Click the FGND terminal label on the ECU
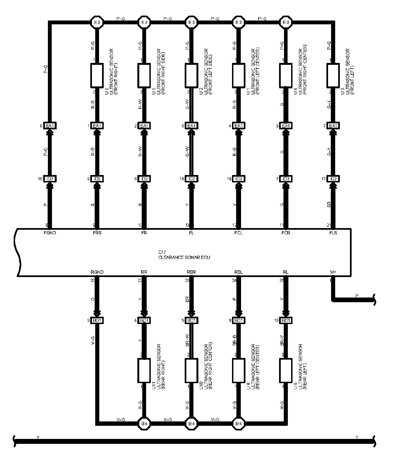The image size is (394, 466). coord(50,233)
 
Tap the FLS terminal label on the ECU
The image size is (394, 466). coord(333,233)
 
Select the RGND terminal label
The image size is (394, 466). coord(97,272)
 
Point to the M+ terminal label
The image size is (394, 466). coord(333,272)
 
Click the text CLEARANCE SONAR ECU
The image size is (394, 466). coord(184,257)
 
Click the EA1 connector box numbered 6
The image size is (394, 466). coord(50,126)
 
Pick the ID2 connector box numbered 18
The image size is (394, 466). coord(192,179)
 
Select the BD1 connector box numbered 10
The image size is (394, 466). coord(286,321)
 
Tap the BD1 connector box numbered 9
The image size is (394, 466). coord(97,321)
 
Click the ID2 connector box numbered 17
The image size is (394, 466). coord(333,179)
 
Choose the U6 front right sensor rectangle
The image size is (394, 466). coord(97,75)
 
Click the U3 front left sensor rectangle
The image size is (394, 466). coord(333,75)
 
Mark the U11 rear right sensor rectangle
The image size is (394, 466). coord(144,370)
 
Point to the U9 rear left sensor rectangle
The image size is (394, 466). coord(286,370)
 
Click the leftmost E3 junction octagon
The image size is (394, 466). coord(97,22)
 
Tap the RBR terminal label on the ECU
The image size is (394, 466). coord(192,272)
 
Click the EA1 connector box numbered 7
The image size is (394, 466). coord(333,126)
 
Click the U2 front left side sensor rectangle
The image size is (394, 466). coord(192,75)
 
